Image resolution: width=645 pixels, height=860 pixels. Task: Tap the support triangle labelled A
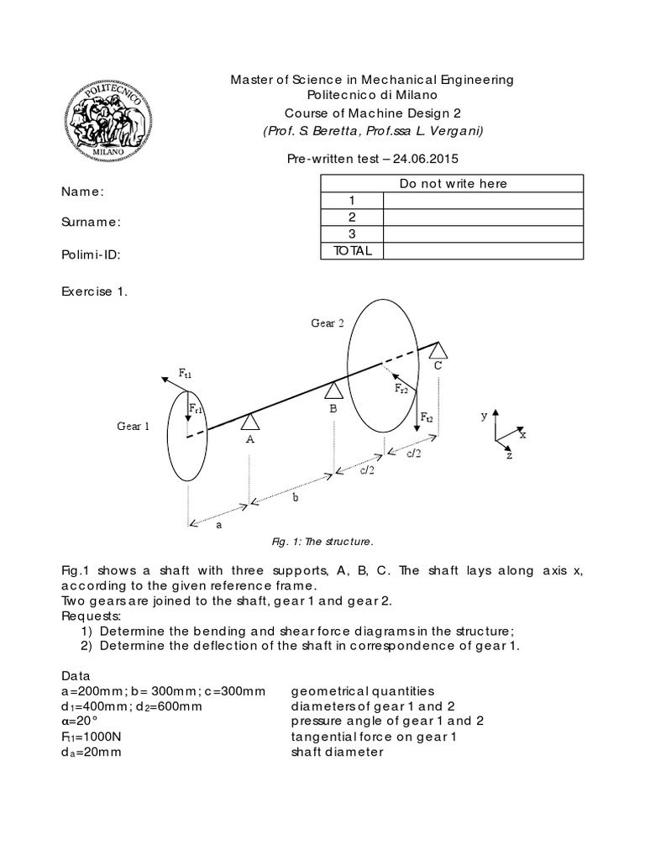[249, 422]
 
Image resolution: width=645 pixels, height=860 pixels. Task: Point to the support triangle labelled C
[438, 349]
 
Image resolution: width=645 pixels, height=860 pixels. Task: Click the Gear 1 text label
[133, 427]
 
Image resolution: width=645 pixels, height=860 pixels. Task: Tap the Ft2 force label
[427, 417]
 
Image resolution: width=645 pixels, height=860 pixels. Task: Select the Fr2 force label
[401, 389]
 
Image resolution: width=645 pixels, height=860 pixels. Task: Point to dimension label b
[295, 497]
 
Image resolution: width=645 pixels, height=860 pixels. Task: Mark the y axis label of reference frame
[484, 415]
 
